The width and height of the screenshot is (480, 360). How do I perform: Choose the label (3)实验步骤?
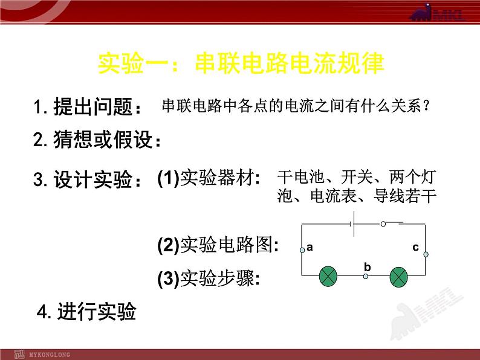[x=209, y=278]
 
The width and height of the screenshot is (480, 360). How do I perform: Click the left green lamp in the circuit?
[x=328, y=277]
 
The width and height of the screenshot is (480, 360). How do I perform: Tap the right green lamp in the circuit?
[x=400, y=277]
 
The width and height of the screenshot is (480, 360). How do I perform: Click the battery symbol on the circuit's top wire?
[x=352, y=224]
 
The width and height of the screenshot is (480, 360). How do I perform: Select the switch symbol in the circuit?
[x=391, y=223]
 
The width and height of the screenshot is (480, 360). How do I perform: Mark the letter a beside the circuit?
[x=310, y=246]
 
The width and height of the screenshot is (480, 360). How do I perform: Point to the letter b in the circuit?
[x=367, y=266]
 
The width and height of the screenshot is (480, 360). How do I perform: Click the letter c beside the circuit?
[x=415, y=246]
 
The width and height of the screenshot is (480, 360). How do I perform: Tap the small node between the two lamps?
[x=365, y=277]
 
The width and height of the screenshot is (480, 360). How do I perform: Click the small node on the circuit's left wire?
[x=302, y=249]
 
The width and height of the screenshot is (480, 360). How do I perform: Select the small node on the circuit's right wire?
[x=426, y=254]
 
